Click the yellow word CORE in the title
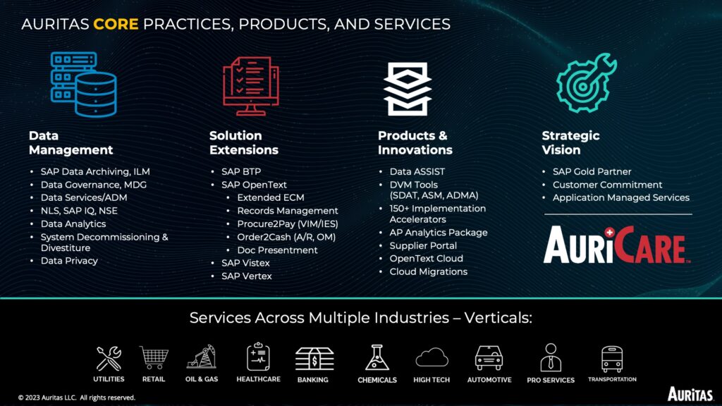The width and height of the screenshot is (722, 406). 116,24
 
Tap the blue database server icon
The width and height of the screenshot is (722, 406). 83,85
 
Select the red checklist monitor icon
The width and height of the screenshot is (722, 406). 251,86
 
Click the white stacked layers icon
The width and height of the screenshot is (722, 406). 408,89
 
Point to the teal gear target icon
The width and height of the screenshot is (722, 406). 586,83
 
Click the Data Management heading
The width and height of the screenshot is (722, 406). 71,142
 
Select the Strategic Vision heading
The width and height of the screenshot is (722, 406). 570,142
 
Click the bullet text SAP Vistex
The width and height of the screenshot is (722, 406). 245,263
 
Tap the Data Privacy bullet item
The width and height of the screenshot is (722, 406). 69,261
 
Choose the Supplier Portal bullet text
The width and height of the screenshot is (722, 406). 423,245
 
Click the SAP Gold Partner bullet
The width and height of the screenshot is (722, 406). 592,171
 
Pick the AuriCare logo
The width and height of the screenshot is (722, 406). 616,245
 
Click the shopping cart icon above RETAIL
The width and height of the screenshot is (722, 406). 154,357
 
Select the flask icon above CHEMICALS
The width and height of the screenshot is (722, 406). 377,357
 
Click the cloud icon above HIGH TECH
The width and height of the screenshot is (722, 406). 432,357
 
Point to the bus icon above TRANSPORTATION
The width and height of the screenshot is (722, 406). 612,359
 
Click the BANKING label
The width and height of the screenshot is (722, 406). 312,380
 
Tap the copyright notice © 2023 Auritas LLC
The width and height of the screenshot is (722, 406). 76,398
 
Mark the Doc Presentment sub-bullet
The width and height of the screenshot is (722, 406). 277,250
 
